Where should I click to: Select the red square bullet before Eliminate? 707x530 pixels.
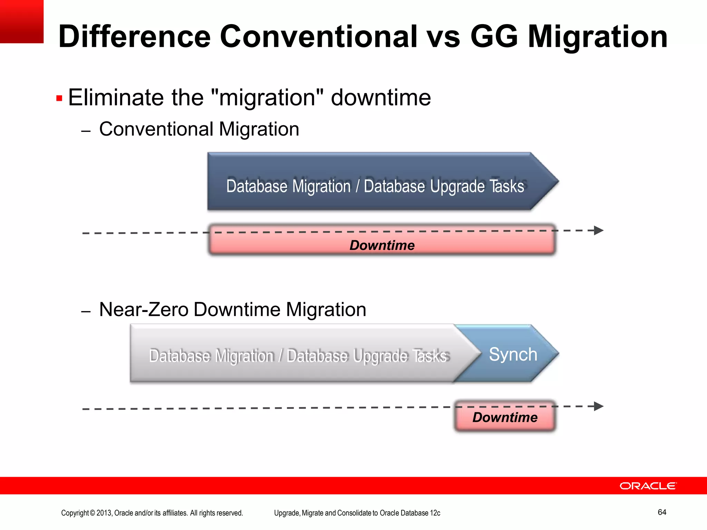[59, 99]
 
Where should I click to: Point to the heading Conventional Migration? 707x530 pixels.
[199, 129]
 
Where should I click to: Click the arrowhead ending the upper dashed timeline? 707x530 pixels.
[599, 230]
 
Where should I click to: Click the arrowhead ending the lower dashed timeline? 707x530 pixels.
[599, 406]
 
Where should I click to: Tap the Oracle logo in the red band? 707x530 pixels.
[648, 486]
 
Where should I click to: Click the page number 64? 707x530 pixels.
[662, 512]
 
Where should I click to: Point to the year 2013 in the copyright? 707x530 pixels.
[104, 513]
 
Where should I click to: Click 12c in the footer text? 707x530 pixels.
[435, 513]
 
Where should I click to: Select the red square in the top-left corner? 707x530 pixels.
[21, 21]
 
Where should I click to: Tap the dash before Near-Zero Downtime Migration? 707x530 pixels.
[86, 312]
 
